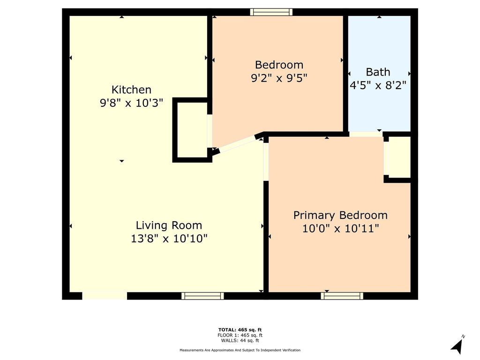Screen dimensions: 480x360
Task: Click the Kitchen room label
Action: click(131, 90)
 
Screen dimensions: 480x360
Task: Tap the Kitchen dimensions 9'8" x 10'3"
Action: click(131, 103)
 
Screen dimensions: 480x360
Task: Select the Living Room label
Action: click(169, 225)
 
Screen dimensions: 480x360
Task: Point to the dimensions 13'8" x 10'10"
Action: click(169, 239)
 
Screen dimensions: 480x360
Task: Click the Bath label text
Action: click(378, 72)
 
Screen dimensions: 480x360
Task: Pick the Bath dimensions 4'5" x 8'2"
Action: click(378, 85)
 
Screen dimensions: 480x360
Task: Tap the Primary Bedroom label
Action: click(340, 215)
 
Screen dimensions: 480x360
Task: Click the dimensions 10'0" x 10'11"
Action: click(341, 228)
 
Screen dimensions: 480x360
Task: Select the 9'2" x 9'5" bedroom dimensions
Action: click(279, 78)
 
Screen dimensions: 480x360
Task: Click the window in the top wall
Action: click(271, 12)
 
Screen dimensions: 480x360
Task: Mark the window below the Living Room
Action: click(202, 296)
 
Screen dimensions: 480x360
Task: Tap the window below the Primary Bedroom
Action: click(342, 296)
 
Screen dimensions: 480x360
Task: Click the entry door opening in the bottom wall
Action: click(105, 296)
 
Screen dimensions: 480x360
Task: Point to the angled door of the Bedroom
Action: click(237, 144)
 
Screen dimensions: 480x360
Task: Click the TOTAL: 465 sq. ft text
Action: click(240, 330)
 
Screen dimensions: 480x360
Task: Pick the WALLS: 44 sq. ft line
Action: click(240, 340)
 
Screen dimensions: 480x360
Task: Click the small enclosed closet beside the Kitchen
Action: click(192, 130)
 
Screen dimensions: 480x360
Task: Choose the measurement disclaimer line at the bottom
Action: click(240, 350)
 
